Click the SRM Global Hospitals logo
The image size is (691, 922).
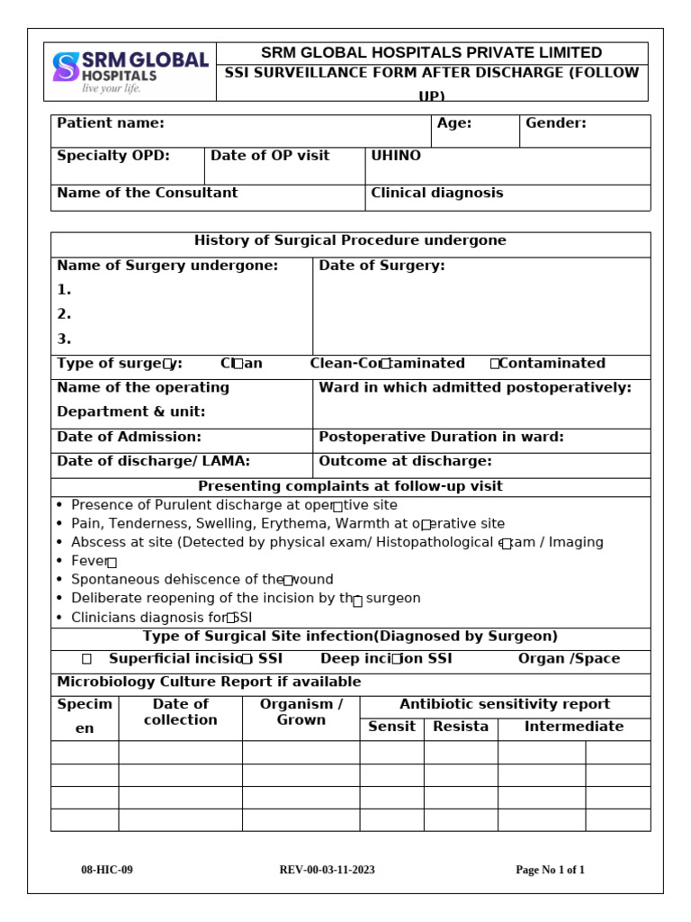130,71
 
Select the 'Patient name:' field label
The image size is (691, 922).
111,123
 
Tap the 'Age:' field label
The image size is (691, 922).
454,123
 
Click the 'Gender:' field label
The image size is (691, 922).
555,123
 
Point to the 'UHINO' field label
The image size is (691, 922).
396,156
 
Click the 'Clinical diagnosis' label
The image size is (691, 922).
437,193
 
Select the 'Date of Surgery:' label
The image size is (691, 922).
381,266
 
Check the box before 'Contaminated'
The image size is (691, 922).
495,364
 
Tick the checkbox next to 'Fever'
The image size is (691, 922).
112,563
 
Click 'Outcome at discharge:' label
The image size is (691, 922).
405,461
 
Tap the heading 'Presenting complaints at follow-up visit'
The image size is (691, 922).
350,486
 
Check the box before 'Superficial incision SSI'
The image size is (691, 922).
86,659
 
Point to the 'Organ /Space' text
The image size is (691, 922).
569,658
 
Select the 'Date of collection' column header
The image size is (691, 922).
180,712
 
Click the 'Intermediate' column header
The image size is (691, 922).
573,727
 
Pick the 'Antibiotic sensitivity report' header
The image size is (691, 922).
505,704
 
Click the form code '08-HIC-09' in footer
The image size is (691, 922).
107,870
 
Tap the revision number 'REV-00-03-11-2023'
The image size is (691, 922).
328,870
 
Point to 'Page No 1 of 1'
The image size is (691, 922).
550,870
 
